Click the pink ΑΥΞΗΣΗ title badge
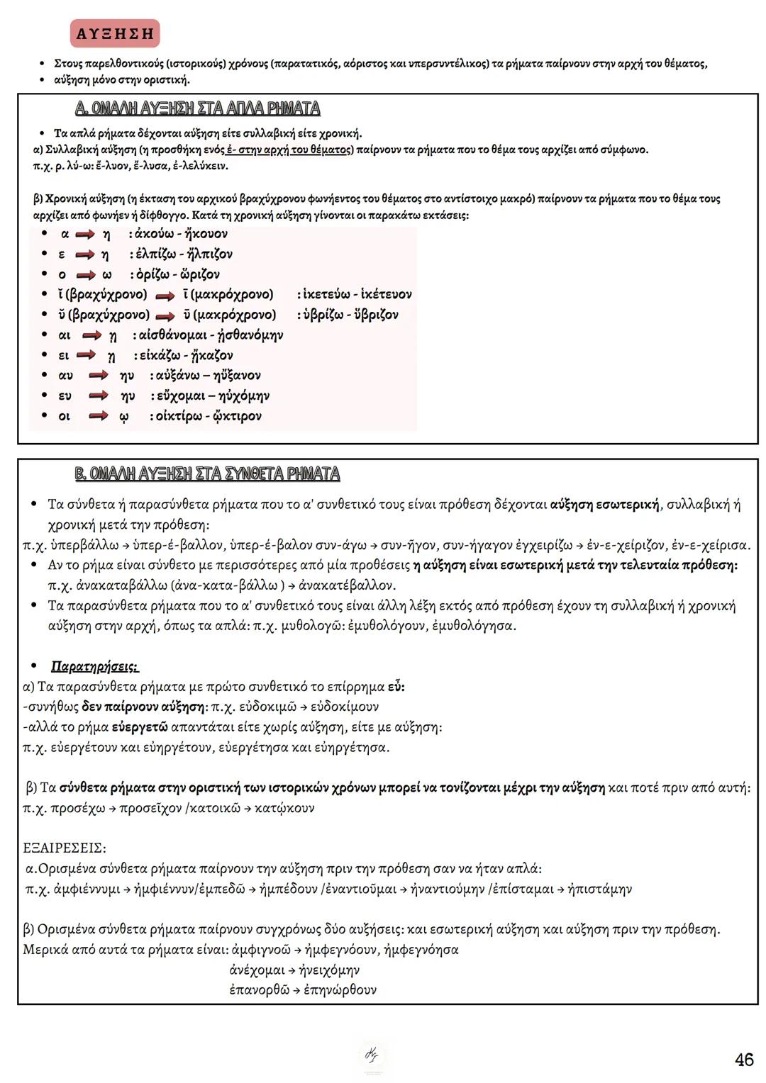pyautogui.click(x=115, y=33)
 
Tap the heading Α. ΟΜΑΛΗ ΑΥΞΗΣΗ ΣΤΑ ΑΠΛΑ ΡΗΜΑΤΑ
pyautogui.click(x=197, y=108)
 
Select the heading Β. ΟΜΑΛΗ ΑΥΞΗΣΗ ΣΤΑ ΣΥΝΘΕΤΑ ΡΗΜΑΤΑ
pyautogui.click(x=207, y=473)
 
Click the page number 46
pyautogui.click(x=744, y=1060)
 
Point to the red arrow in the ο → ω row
pyautogui.click(x=86, y=274)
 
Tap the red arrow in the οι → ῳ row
pyautogui.click(x=98, y=416)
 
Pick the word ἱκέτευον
pyautogui.click(x=386, y=294)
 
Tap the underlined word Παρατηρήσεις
pyautogui.click(x=94, y=667)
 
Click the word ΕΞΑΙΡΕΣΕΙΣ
pyautogui.click(x=65, y=848)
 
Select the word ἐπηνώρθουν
pyautogui.click(x=340, y=990)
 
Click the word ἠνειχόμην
pyautogui.click(x=330, y=970)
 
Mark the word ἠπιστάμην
pyautogui.click(x=599, y=889)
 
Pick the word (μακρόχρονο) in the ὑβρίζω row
pyautogui.click(x=234, y=315)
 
